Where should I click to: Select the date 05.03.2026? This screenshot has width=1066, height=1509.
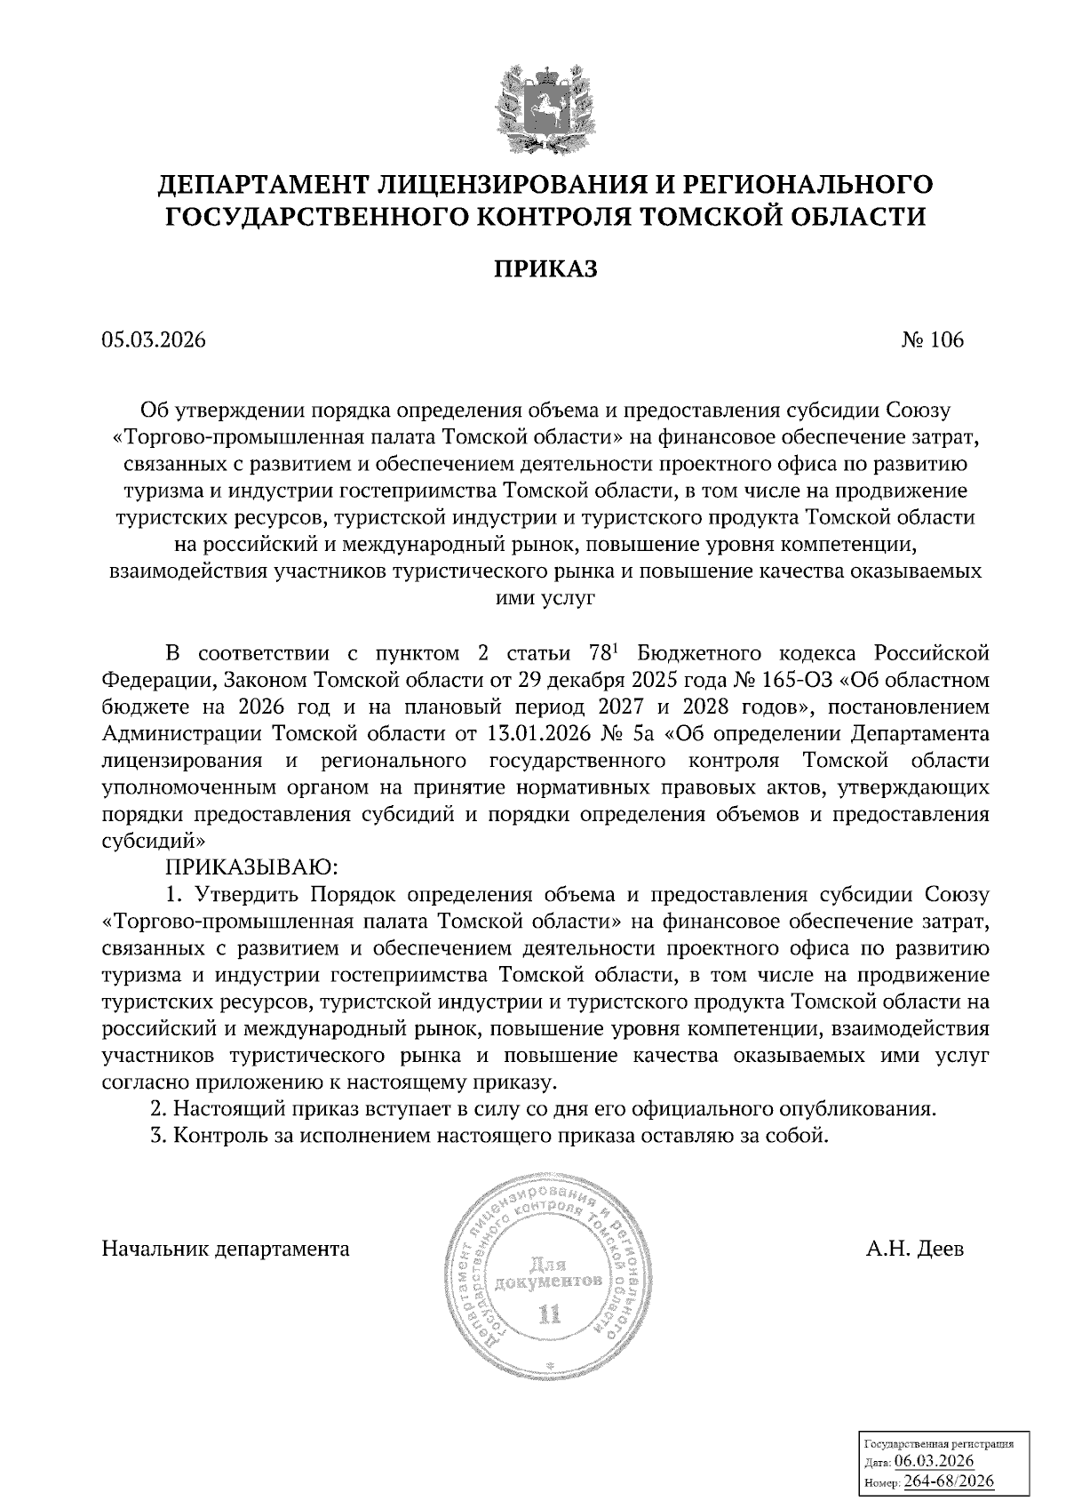pos(153,340)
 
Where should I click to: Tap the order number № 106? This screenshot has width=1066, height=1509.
pos(932,340)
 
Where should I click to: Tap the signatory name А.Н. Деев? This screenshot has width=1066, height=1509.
pos(915,1249)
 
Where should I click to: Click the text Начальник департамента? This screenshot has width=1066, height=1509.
pos(226,1249)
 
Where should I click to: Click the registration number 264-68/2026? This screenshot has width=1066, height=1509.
pos(950,1481)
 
